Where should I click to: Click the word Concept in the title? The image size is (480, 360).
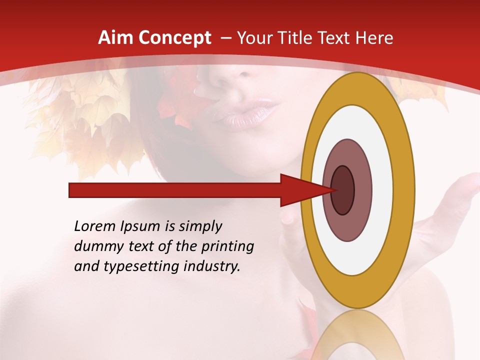(x=175, y=38)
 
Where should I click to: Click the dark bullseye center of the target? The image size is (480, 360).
(x=343, y=190)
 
